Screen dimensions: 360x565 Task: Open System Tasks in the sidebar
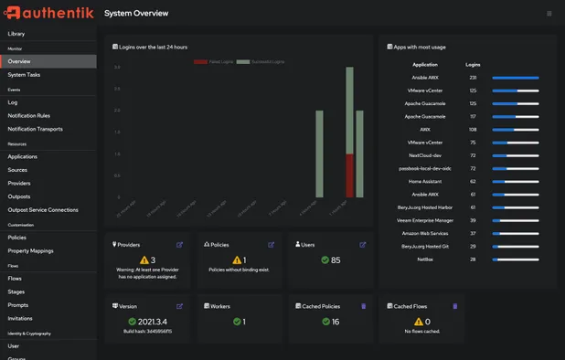[24, 75]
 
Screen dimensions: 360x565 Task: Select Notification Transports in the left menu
[35, 129]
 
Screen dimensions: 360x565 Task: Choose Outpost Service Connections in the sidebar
[43, 210]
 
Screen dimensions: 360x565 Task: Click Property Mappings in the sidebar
[30, 250]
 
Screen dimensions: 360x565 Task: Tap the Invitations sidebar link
[20, 319]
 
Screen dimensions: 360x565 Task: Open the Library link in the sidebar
[16, 34]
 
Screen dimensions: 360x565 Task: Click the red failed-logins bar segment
[349, 175]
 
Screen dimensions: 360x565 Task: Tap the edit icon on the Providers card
[179, 245]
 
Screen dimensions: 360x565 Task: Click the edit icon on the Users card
[363, 245]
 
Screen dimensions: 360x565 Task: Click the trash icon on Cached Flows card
[454, 306]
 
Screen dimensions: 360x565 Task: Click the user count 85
[336, 260]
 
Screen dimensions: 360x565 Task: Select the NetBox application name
[425, 259]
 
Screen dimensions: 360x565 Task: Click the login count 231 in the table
[473, 78]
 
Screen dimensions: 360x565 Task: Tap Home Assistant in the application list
[425, 181]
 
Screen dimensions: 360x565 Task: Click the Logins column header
[473, 65]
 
